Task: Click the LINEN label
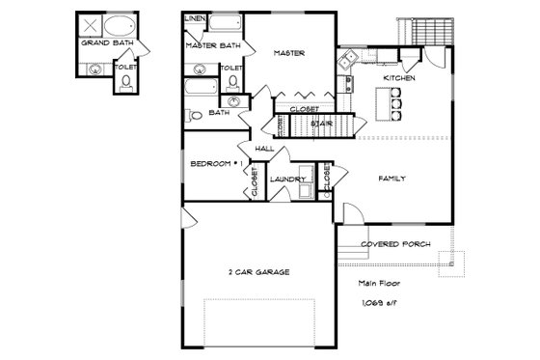pyautogui.click(x=194, y=18)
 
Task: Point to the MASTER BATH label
pyautogui.click(x=212, y=44)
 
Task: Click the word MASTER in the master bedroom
pyautogui.click(x=289, y=53)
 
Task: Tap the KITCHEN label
pyautogui.click(x=399, y=77)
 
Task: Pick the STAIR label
pyautogui.click(x=322, y=124)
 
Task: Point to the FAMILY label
pyautogui.click(x=391, y=179)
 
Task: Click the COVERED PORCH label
pyautogui.click(x=395, y=244)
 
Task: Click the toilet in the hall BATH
pyautogui.click(x=195, y=115)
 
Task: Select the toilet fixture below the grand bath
pyautogui.click(x=127, y=85)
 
